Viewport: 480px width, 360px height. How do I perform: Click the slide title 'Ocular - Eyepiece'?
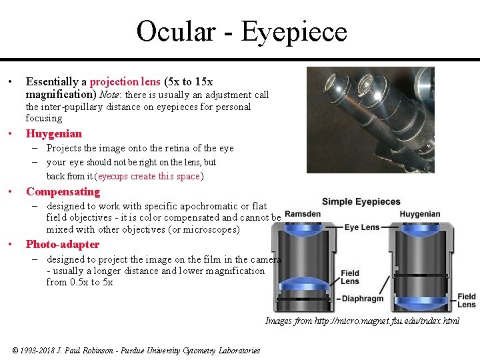pyautogui.click(x=241, y=31)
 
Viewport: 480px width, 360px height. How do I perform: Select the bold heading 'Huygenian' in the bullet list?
pyautogui.click(x=53, y=134)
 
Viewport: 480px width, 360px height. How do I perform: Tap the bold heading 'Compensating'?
pyautogui.click(x=63, y=192)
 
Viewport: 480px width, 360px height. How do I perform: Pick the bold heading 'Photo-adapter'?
pyautogui.click(x=62, y=245)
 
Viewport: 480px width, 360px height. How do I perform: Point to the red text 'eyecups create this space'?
pyautogui.click(x=149, y=177)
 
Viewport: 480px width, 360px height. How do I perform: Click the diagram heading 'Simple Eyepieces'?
pyautogui.click(x=361, y=202)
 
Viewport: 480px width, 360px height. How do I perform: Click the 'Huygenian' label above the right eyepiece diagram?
pyautogui.click(x=420, y=215)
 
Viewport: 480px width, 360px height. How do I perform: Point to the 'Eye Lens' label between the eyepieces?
pyautogui.click(x=361, y=227)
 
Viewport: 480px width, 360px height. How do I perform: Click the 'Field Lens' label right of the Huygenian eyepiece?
pyautogui.click(x=467, y=301)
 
